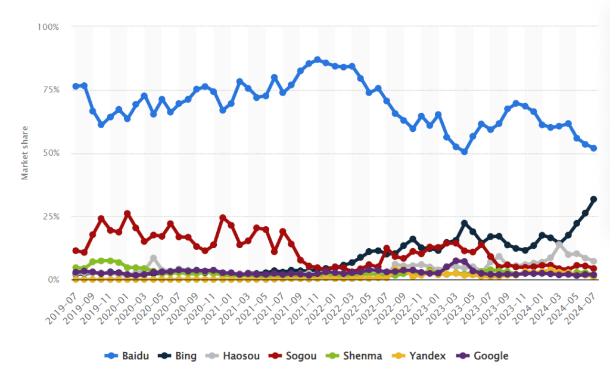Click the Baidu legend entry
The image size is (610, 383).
click(130, 356)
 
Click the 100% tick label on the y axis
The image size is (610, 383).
click(48, 27)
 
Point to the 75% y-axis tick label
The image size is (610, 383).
click(50, 90)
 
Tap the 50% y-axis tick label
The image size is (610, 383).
click(50, 153)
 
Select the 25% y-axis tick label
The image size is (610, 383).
click(50, 217)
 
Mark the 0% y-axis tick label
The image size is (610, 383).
click(52, 280)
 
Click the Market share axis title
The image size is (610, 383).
click(25, 154)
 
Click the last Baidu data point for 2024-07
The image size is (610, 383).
click(594, 149)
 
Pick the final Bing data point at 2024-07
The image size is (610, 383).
click(594, 199)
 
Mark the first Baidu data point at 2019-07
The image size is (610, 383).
click(76, 87)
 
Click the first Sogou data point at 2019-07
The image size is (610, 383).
click(76, 251)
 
